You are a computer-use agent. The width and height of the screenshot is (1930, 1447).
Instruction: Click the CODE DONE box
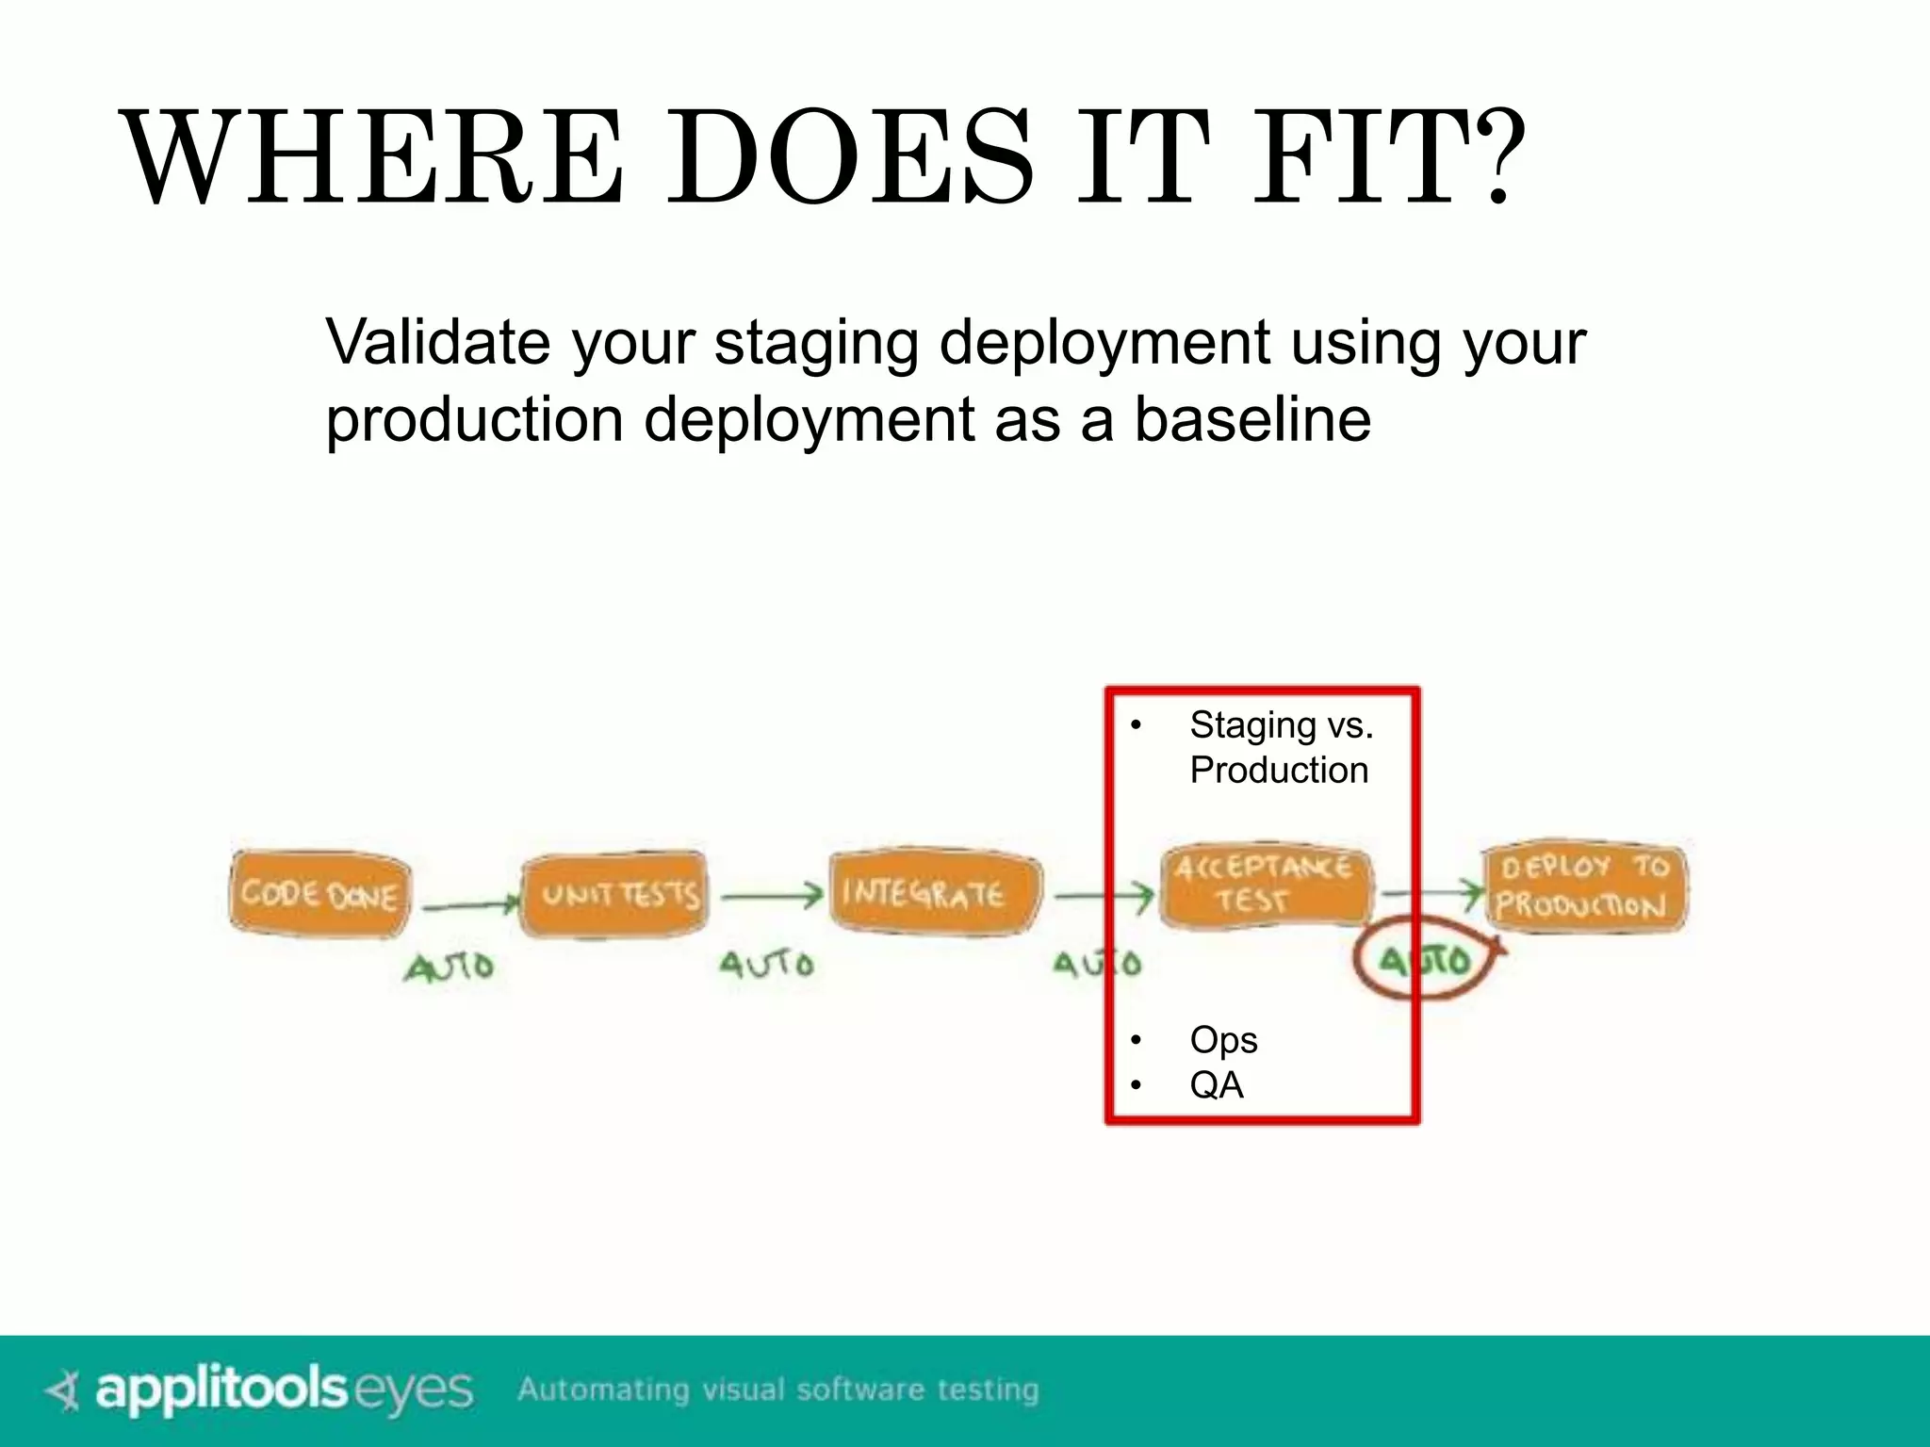coord(319,893)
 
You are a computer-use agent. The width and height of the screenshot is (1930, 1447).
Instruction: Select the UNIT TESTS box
coord(615,893)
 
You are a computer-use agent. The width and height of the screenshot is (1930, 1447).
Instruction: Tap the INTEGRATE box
coord(934,892)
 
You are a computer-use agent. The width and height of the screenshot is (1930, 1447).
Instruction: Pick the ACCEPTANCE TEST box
coord(1264,885)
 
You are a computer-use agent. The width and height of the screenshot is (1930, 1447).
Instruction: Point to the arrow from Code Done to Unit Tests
coord(470,905)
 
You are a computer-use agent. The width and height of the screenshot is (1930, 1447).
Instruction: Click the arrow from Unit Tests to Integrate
coord(772,896)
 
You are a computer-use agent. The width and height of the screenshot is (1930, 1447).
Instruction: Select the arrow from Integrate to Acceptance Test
coord(1103,896)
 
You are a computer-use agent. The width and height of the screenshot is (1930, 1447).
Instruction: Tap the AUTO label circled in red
coord(1425,960)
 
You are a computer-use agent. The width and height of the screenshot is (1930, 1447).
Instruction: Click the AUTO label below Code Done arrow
coord(450,967)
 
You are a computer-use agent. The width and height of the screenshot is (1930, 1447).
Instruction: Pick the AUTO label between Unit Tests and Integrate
coord(766,964)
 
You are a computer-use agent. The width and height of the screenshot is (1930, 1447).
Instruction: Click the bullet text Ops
coord(1222,1040)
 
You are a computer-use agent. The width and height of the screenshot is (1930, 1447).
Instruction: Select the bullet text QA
coord(1216,1085)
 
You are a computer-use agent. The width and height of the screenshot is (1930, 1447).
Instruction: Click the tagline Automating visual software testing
coord(778,1390)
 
